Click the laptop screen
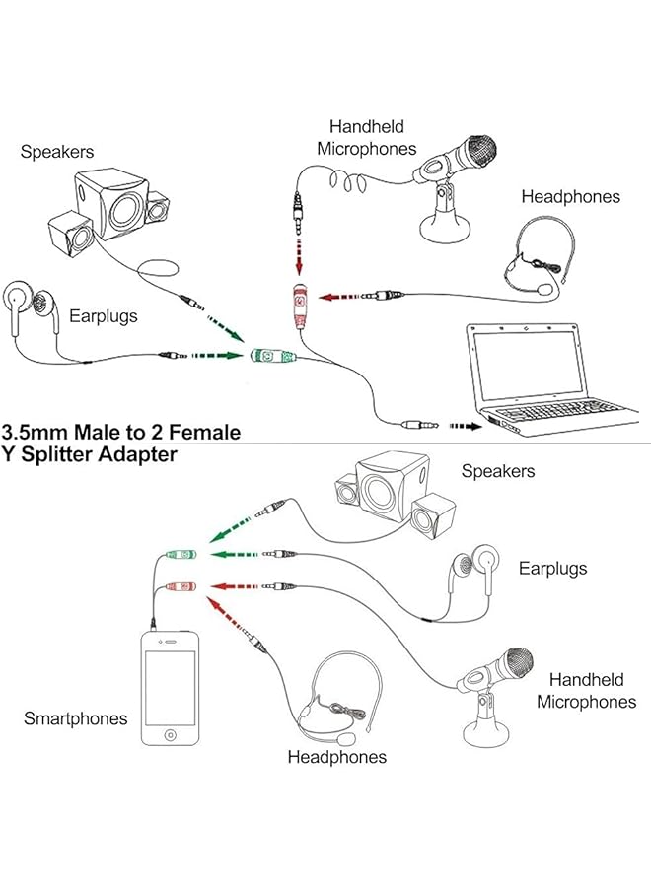[x=524, y=366]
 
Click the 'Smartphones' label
[x=76, y=718]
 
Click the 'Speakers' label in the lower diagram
[x=498, y=471]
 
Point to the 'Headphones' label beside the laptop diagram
[x=571, y=196]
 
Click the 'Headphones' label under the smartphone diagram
[x=337, y=757]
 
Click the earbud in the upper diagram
[x=22, y=300]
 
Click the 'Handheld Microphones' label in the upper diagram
[x=367, y=137]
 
